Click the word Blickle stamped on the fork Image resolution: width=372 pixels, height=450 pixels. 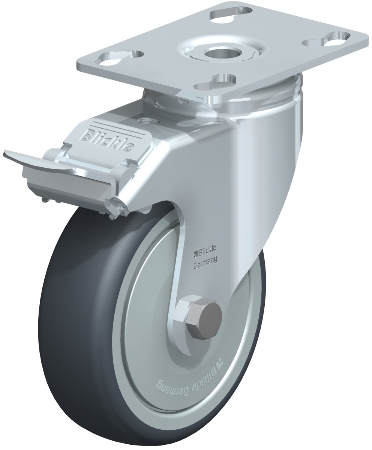(207, 251)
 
